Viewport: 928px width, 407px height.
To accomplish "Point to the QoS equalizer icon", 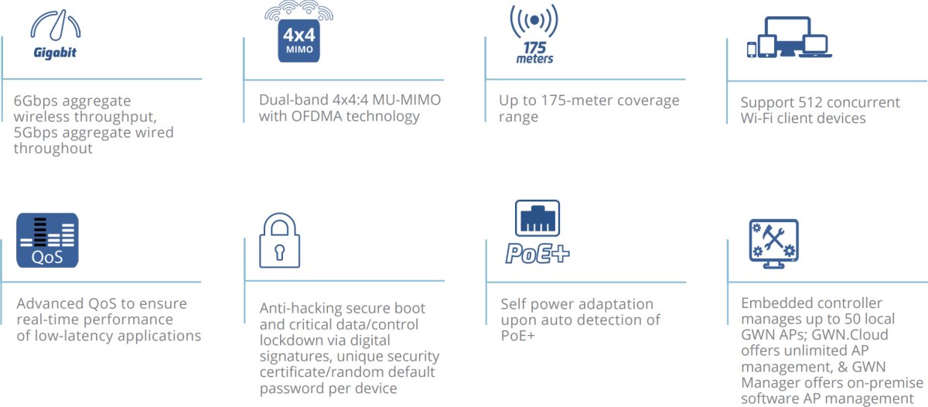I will (x=47, y=240).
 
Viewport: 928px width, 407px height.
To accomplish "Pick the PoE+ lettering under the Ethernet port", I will (x=537, y=253).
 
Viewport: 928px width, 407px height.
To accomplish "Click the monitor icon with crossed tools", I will (x=773, y=242).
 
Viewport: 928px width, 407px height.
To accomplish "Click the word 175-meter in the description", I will (x=576, y=101).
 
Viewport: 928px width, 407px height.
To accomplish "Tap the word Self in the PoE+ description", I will (x=514, y=304).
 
